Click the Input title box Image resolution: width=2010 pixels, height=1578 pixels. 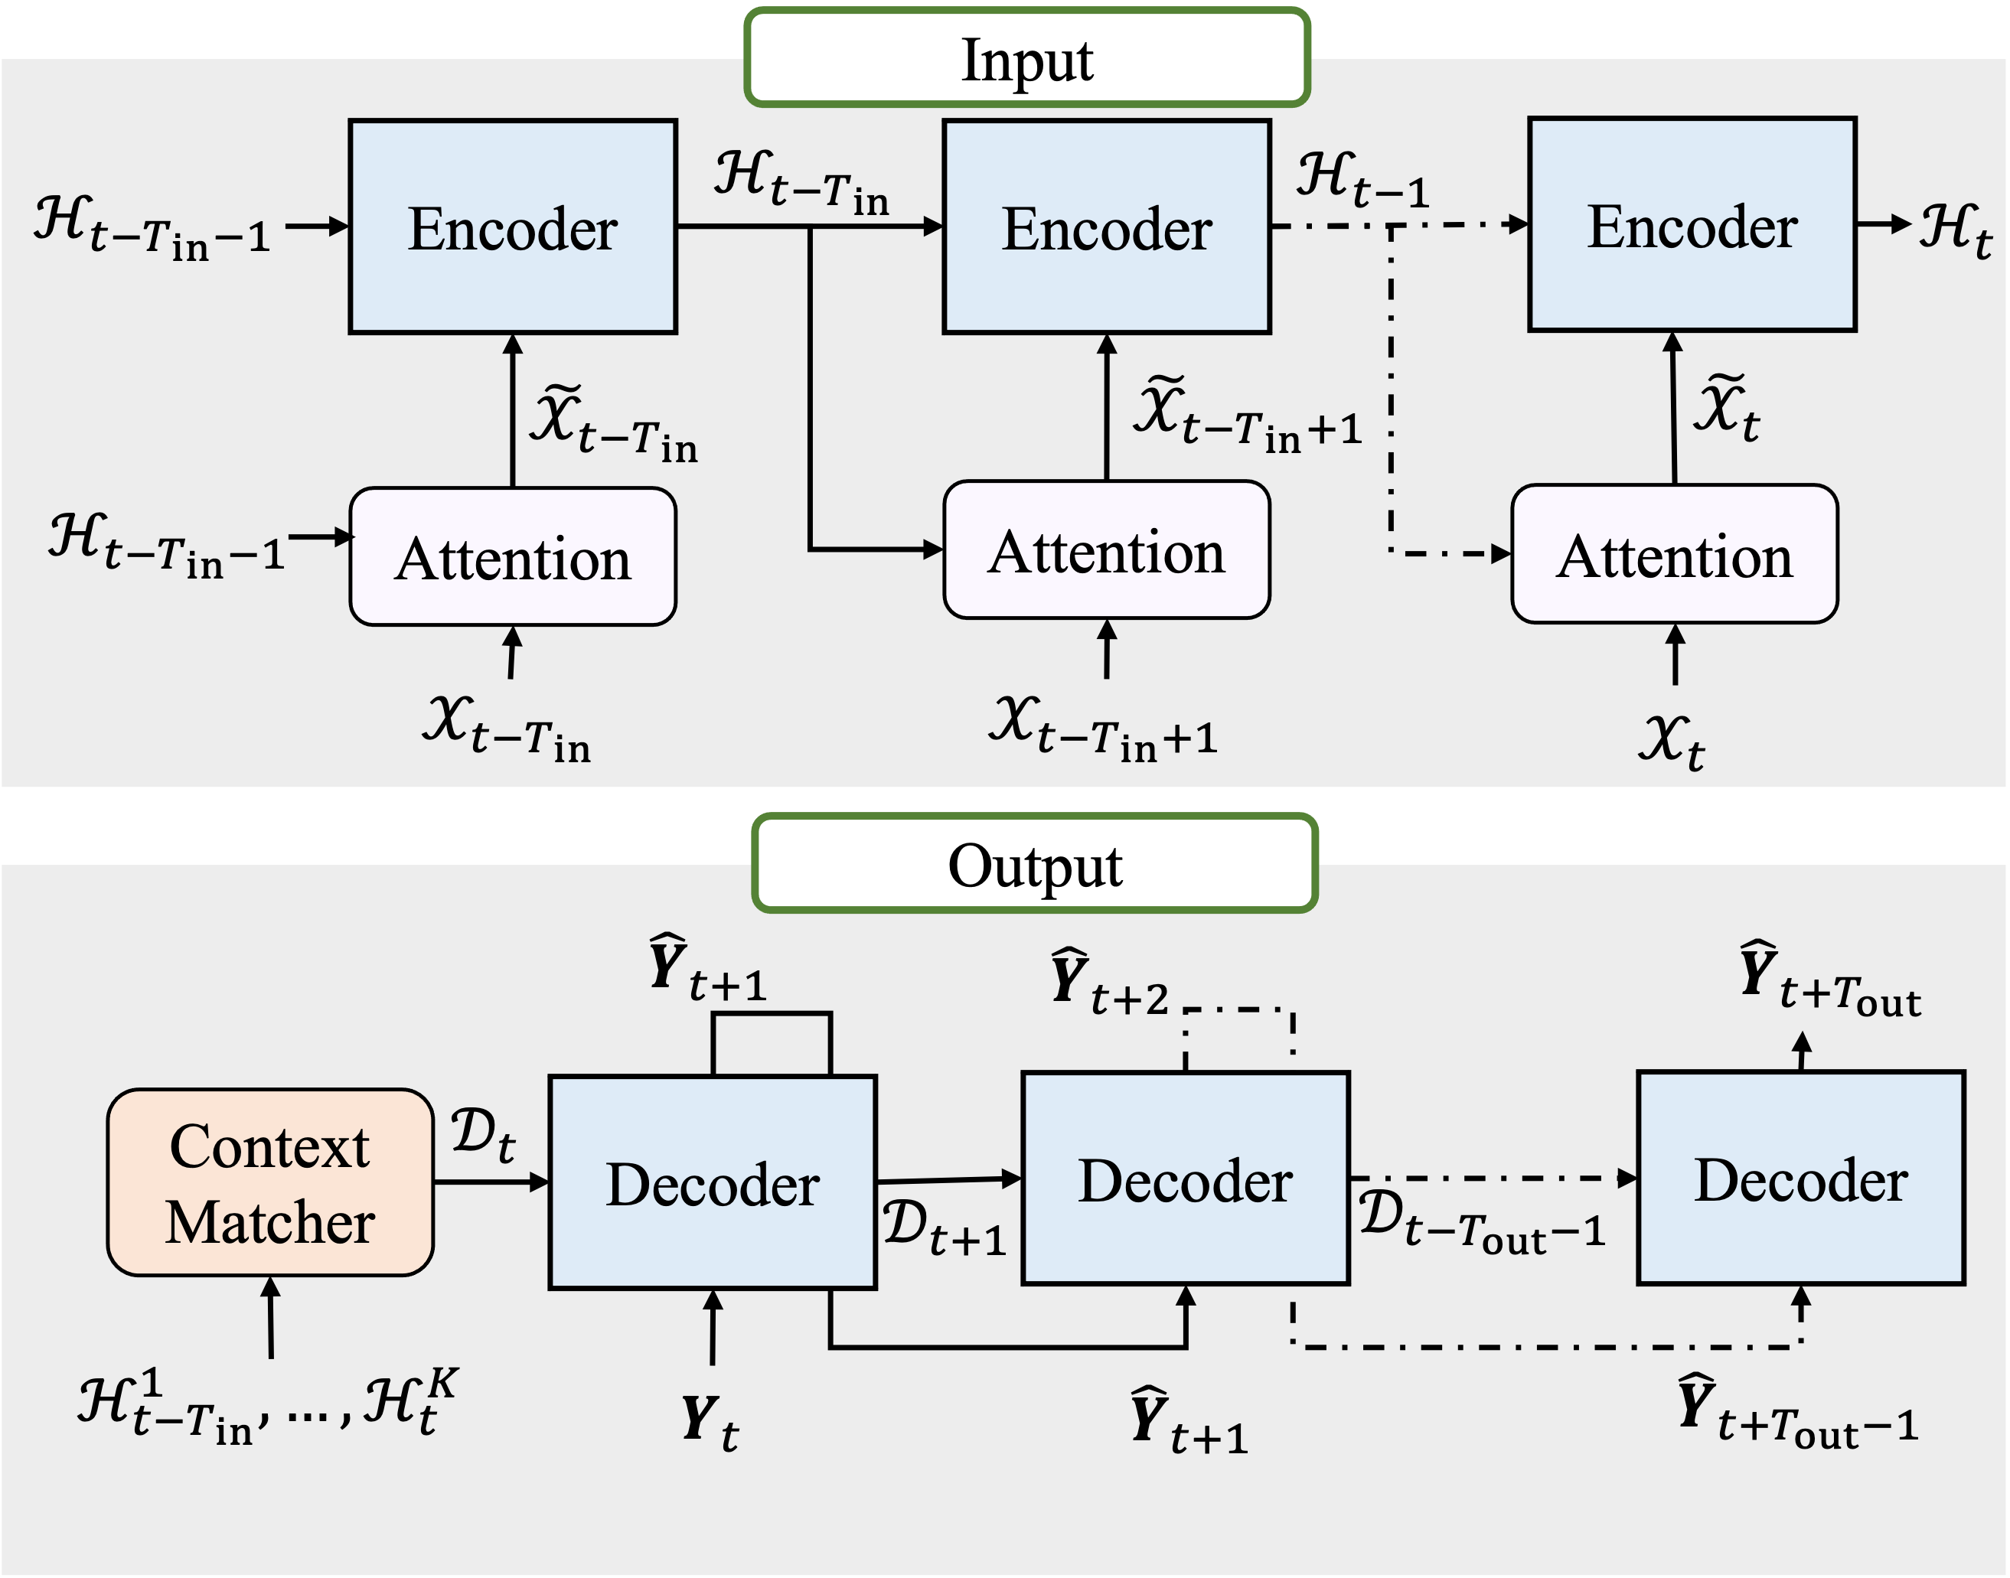tap(1026, 58)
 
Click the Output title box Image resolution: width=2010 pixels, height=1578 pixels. tap(1034, 864)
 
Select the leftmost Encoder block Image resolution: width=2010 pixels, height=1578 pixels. tap(513, 227)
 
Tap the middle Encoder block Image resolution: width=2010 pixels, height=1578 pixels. tap(1106, 227)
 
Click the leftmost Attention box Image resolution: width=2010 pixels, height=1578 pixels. tap(513, 557)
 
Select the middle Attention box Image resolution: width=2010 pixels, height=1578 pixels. tap(1106, 549)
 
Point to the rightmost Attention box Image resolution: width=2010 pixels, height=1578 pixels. tap(1674, 554)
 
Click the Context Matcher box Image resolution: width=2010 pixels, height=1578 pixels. tap(270, 1182)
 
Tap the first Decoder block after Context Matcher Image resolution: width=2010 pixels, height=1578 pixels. tap(713, 1182)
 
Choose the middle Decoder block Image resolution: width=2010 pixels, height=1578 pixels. tap(1185, 1179)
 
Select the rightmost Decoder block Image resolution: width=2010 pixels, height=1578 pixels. tap(1800, 1179)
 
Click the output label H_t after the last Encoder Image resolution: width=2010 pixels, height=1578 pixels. tap(1955, 228)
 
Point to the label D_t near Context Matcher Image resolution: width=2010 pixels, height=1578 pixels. tap(482, 1135)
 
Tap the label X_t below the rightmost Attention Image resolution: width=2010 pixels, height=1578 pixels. tap(1671, 740)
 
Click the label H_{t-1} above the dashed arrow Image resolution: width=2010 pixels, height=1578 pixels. tap(1361, 180)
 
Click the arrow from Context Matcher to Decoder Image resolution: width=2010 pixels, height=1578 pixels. tap(491, 1182)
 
